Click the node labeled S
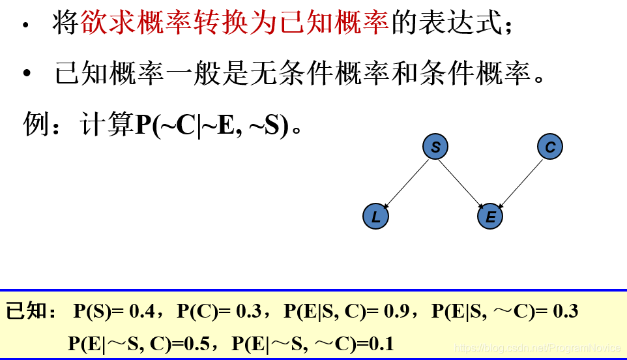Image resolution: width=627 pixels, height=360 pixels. [435, 147]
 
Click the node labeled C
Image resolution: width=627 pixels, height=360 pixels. [550, 147]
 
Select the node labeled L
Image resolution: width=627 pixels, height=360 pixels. [375, 217]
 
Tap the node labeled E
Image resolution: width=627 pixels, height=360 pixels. [490, 217]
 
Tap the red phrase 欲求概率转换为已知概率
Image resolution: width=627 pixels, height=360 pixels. [235, 25]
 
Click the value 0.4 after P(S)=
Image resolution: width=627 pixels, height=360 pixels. [142, 312]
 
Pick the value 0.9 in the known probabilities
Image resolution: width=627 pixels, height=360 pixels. [396, 312]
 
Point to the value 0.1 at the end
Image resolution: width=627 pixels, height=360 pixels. [381, 343]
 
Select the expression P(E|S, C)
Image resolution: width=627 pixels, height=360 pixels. [323, 312]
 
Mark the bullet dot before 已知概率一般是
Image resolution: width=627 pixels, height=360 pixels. [27, 74]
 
